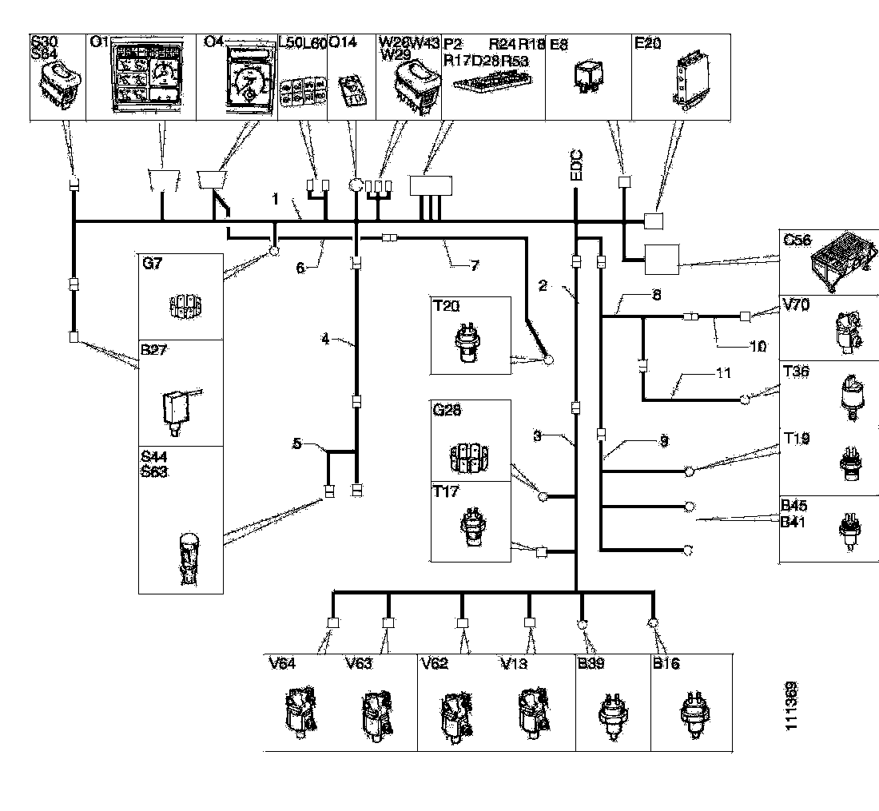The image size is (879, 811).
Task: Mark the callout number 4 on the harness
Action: pyautogui.click(x=325, y=338)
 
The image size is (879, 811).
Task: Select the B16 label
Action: pyautogui.click(x=666, y=663)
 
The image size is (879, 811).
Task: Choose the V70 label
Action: pyautogui.click(x=793, y=304)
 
